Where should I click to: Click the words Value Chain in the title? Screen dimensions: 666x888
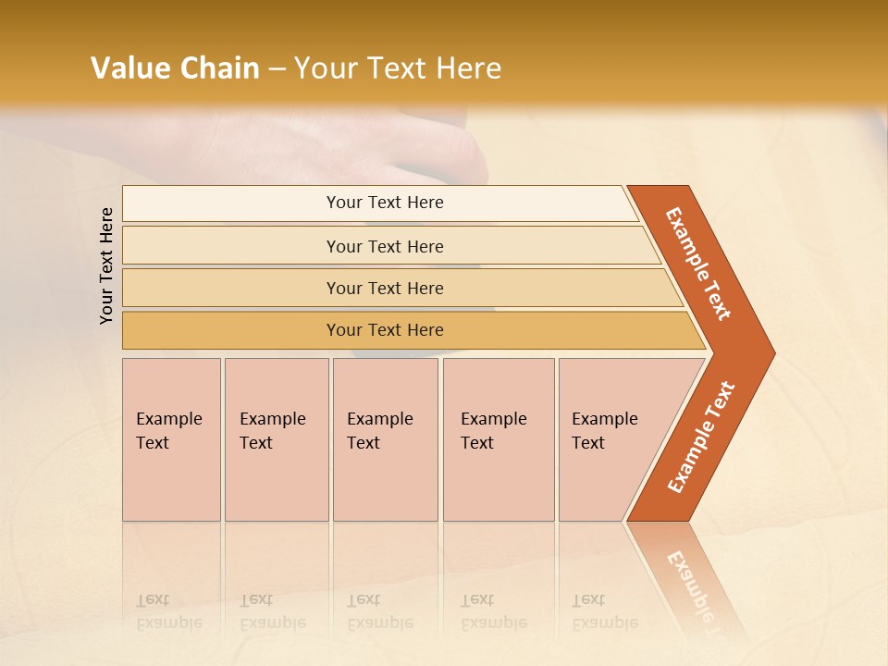coord(175,68)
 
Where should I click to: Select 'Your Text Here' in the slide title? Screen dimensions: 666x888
coord(398,68)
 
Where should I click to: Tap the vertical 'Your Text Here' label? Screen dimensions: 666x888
coord(106,265)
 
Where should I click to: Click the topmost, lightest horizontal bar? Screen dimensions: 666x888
coord(384,203)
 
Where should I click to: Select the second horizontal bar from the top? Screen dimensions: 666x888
coord(384,246)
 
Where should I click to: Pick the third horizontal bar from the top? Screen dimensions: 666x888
coord(384,288)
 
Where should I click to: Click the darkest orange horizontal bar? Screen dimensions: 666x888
coord(384,330)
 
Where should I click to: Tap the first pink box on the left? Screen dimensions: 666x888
coord(171,439)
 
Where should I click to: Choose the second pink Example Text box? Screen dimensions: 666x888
coord(276,439)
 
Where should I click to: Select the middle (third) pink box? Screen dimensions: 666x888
coord(385,439)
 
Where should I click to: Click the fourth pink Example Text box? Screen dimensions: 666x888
coord(498,439)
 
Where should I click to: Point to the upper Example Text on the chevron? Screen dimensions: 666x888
coord(698,264)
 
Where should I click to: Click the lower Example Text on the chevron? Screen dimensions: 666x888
coord(700,437)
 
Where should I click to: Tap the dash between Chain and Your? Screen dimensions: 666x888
coord(277,69)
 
